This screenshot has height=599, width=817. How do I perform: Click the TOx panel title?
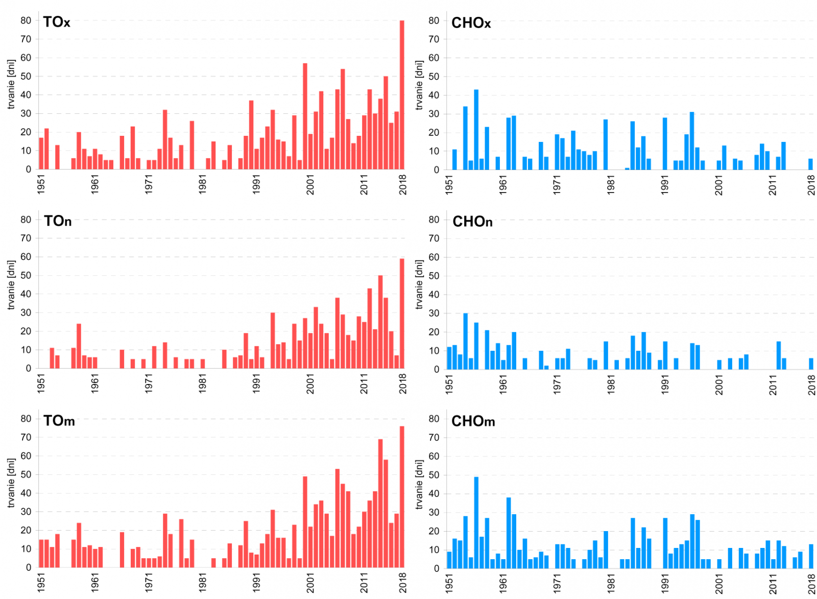point(57,22)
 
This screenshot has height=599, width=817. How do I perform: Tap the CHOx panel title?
point(471,23)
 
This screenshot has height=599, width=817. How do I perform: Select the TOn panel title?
point(58,221)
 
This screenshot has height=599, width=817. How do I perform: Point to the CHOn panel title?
point(472,222)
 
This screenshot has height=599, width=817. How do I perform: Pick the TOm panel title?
point(59,421)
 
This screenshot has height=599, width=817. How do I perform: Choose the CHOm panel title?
point(473,421)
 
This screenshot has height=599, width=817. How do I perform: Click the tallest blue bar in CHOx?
point(476,130)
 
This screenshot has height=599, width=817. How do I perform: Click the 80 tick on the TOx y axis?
point(26,20)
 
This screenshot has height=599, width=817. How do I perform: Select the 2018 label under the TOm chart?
point(403,583)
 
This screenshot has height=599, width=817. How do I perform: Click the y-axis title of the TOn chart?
point(11,285)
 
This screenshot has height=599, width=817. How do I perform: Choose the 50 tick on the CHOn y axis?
point(434,276)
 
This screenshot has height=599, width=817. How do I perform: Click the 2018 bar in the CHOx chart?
point(810,164)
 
